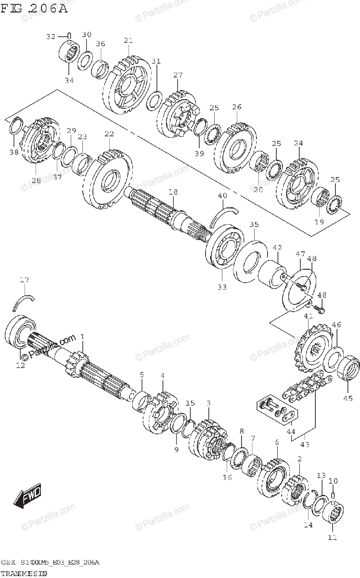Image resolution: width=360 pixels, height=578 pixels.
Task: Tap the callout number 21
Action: pyautogui.click(x=128, y=40)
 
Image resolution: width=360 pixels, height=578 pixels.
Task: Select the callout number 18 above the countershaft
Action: pyautogui.click(x=173, y=192)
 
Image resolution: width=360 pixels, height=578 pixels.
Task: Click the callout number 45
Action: pyautogui.click(x=348, y=398)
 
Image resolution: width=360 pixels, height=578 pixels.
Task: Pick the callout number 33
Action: pyautogui.click(x=221, y=287)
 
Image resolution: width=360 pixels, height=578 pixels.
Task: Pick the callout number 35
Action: pyautogui.click(x=254, y=224)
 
